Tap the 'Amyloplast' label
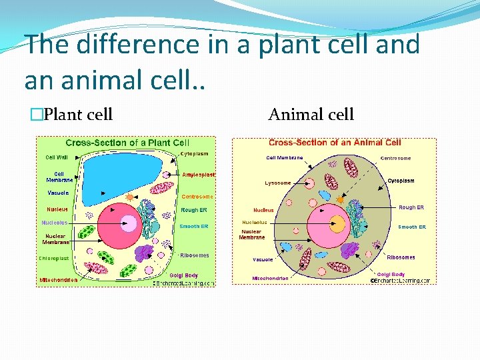(199, 175)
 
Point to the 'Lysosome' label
(277, 183)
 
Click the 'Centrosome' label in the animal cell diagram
(395, 158)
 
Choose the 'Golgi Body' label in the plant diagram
(184, 275)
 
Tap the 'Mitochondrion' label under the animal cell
(270, 278)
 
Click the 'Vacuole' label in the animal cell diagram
(262, 259)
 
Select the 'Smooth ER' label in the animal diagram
(412, 227)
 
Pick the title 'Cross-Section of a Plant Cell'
(127, 143)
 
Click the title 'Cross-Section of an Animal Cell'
(335, 143)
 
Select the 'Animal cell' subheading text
(311, 115)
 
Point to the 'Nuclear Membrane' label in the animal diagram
(252, 234)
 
